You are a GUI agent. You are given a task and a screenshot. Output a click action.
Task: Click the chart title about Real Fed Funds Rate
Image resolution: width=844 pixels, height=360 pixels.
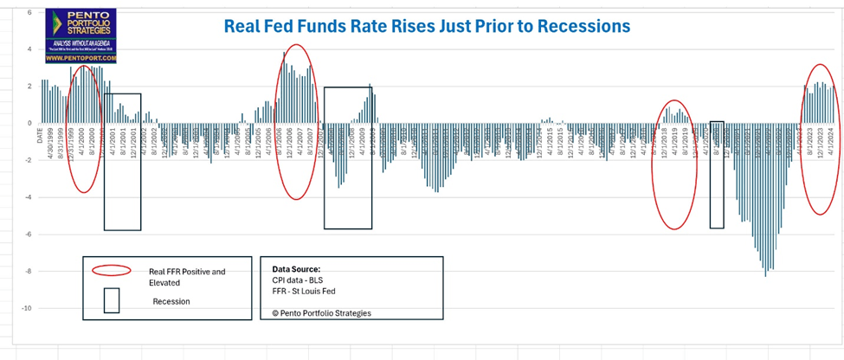[427, 26]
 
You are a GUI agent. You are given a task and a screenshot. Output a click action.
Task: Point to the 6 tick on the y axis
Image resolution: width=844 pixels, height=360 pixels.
[29, 13]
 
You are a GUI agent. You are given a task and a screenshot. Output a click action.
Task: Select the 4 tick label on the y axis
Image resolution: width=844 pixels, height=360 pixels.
[29, 49]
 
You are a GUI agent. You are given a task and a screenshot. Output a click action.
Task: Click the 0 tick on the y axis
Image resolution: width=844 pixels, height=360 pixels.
[29, 123]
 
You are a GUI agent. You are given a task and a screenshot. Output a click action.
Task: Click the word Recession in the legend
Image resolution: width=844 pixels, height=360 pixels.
[171, 301]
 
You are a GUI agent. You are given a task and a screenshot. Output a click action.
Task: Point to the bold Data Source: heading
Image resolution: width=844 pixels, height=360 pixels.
[296, 268]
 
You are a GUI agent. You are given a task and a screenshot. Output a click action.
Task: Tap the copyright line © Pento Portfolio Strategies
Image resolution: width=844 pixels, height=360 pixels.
[321, 312]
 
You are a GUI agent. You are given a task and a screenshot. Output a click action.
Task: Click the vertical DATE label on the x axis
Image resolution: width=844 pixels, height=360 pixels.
[40, 138]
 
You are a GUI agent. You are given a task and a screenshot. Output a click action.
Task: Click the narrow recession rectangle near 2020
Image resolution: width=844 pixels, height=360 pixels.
[717, 174]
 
